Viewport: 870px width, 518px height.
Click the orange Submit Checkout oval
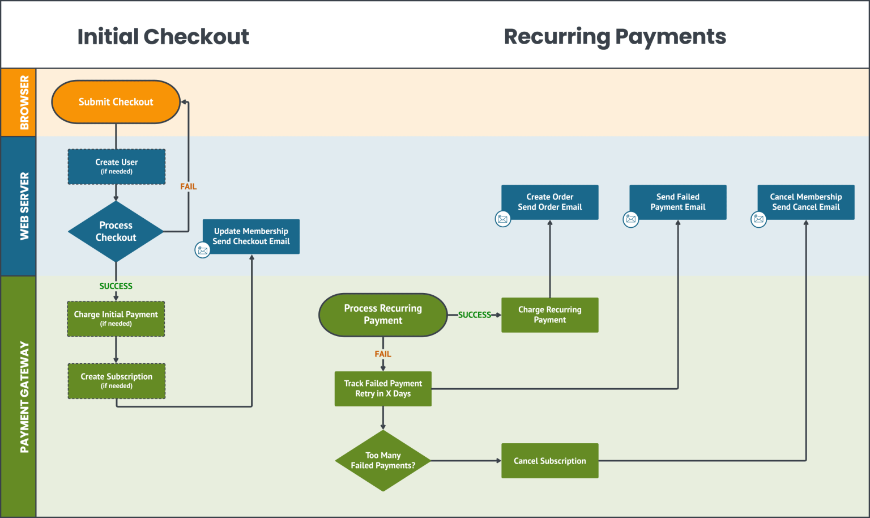116,102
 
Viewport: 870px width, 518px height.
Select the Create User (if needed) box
117,167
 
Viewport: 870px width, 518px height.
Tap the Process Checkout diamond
116,231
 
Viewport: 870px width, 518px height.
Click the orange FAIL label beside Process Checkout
188,186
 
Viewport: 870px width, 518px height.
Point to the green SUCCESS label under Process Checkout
116,286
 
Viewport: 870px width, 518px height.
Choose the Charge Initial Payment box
116,319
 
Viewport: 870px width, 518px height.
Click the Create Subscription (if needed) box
117,381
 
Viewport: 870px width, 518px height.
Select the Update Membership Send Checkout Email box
251,236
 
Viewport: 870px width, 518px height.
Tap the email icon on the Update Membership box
202,250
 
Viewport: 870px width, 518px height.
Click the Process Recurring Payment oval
383,315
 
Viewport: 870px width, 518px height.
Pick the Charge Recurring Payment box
549,315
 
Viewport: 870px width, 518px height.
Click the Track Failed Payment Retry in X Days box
383,389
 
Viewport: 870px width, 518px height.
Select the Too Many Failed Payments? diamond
383,461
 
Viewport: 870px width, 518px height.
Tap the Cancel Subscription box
549,461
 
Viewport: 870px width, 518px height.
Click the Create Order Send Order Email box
549,202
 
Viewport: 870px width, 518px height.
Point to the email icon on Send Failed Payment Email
630,219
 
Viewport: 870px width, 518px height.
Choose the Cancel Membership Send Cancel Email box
805,202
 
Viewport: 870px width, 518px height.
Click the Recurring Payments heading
615,37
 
